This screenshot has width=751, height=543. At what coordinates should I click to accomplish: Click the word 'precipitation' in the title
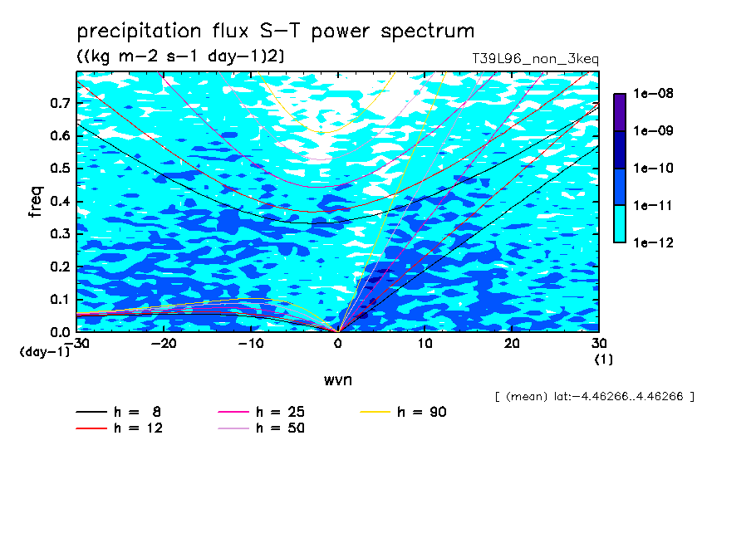[x=139, y=32]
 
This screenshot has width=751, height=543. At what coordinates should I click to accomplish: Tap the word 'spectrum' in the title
[x=427, y=32]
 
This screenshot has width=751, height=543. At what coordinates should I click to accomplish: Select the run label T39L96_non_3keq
[x=535, y=59]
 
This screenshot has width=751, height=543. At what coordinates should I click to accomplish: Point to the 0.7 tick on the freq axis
[x=60, y=103]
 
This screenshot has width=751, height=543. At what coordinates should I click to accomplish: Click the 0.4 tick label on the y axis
[x=60, y=201]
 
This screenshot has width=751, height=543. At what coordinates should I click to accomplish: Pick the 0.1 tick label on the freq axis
[x=60, y=299]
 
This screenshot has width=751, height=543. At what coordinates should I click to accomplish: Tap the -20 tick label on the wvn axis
[x=164, y=344]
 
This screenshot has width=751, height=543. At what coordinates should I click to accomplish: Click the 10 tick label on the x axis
[x=425, y=344]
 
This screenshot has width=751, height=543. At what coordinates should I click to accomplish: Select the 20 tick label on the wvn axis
[x=512, y=344]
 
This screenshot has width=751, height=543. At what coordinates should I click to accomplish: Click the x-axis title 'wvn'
[x=338, y=380]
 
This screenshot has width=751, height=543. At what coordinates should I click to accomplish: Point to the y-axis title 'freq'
[x=36, y=202]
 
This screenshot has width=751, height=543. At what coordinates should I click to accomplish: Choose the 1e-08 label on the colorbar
[x=653, y=93]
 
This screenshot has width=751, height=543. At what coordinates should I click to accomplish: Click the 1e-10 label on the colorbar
[x=653, y=168]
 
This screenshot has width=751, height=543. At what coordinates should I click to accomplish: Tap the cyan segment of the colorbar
[x=620, y=223]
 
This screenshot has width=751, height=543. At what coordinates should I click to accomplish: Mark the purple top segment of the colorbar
[x=620, y=112]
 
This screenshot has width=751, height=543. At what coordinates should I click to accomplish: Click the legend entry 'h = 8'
[x=118, y=412]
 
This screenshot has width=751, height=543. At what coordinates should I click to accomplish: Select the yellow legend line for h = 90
[x=375, y=412]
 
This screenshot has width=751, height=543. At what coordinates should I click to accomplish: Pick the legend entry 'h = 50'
[x=261, y=428]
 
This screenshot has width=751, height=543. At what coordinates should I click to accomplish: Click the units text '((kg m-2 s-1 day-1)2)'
[x=181, y=56]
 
